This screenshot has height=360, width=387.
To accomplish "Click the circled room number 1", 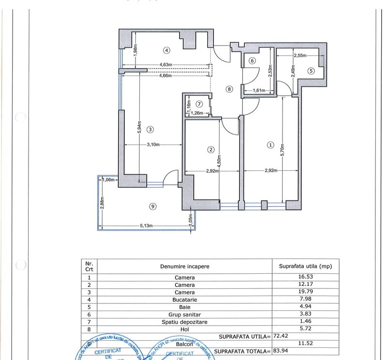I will [x=271, y=144].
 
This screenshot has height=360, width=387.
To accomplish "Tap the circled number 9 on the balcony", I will [x=153, y=207].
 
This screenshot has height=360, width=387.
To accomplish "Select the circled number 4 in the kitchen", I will [x=166, y=50].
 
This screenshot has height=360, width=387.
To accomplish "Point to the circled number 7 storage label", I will [x=199, y=104].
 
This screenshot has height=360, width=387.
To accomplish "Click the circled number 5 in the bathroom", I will [x=311, y=70].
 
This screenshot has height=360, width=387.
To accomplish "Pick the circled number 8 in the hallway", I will [x=229, y=89].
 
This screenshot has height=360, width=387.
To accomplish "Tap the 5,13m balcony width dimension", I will [x=148, y=225].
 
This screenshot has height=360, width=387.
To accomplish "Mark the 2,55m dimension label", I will [x=300, y=56].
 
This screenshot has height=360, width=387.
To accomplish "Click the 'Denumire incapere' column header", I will [x=184, y=266].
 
